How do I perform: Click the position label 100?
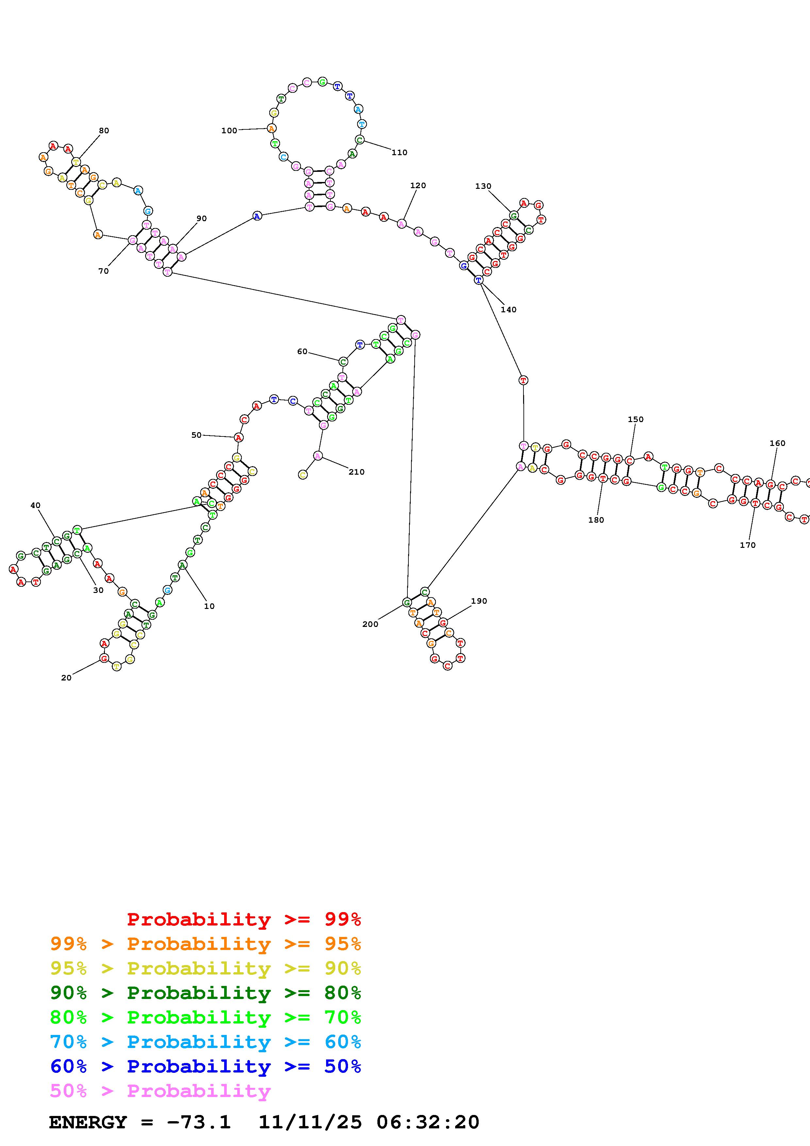pos(229,131)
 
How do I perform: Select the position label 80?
pos(104,131)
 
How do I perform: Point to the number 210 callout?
pos(356,472)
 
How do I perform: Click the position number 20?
pos(66,678)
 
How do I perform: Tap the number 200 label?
pos(370,624)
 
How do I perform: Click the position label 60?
pos(303,352)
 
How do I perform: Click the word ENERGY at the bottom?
pos(88,1122)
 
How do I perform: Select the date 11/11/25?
pos(310,1122)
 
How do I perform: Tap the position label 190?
pos(479,601)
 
